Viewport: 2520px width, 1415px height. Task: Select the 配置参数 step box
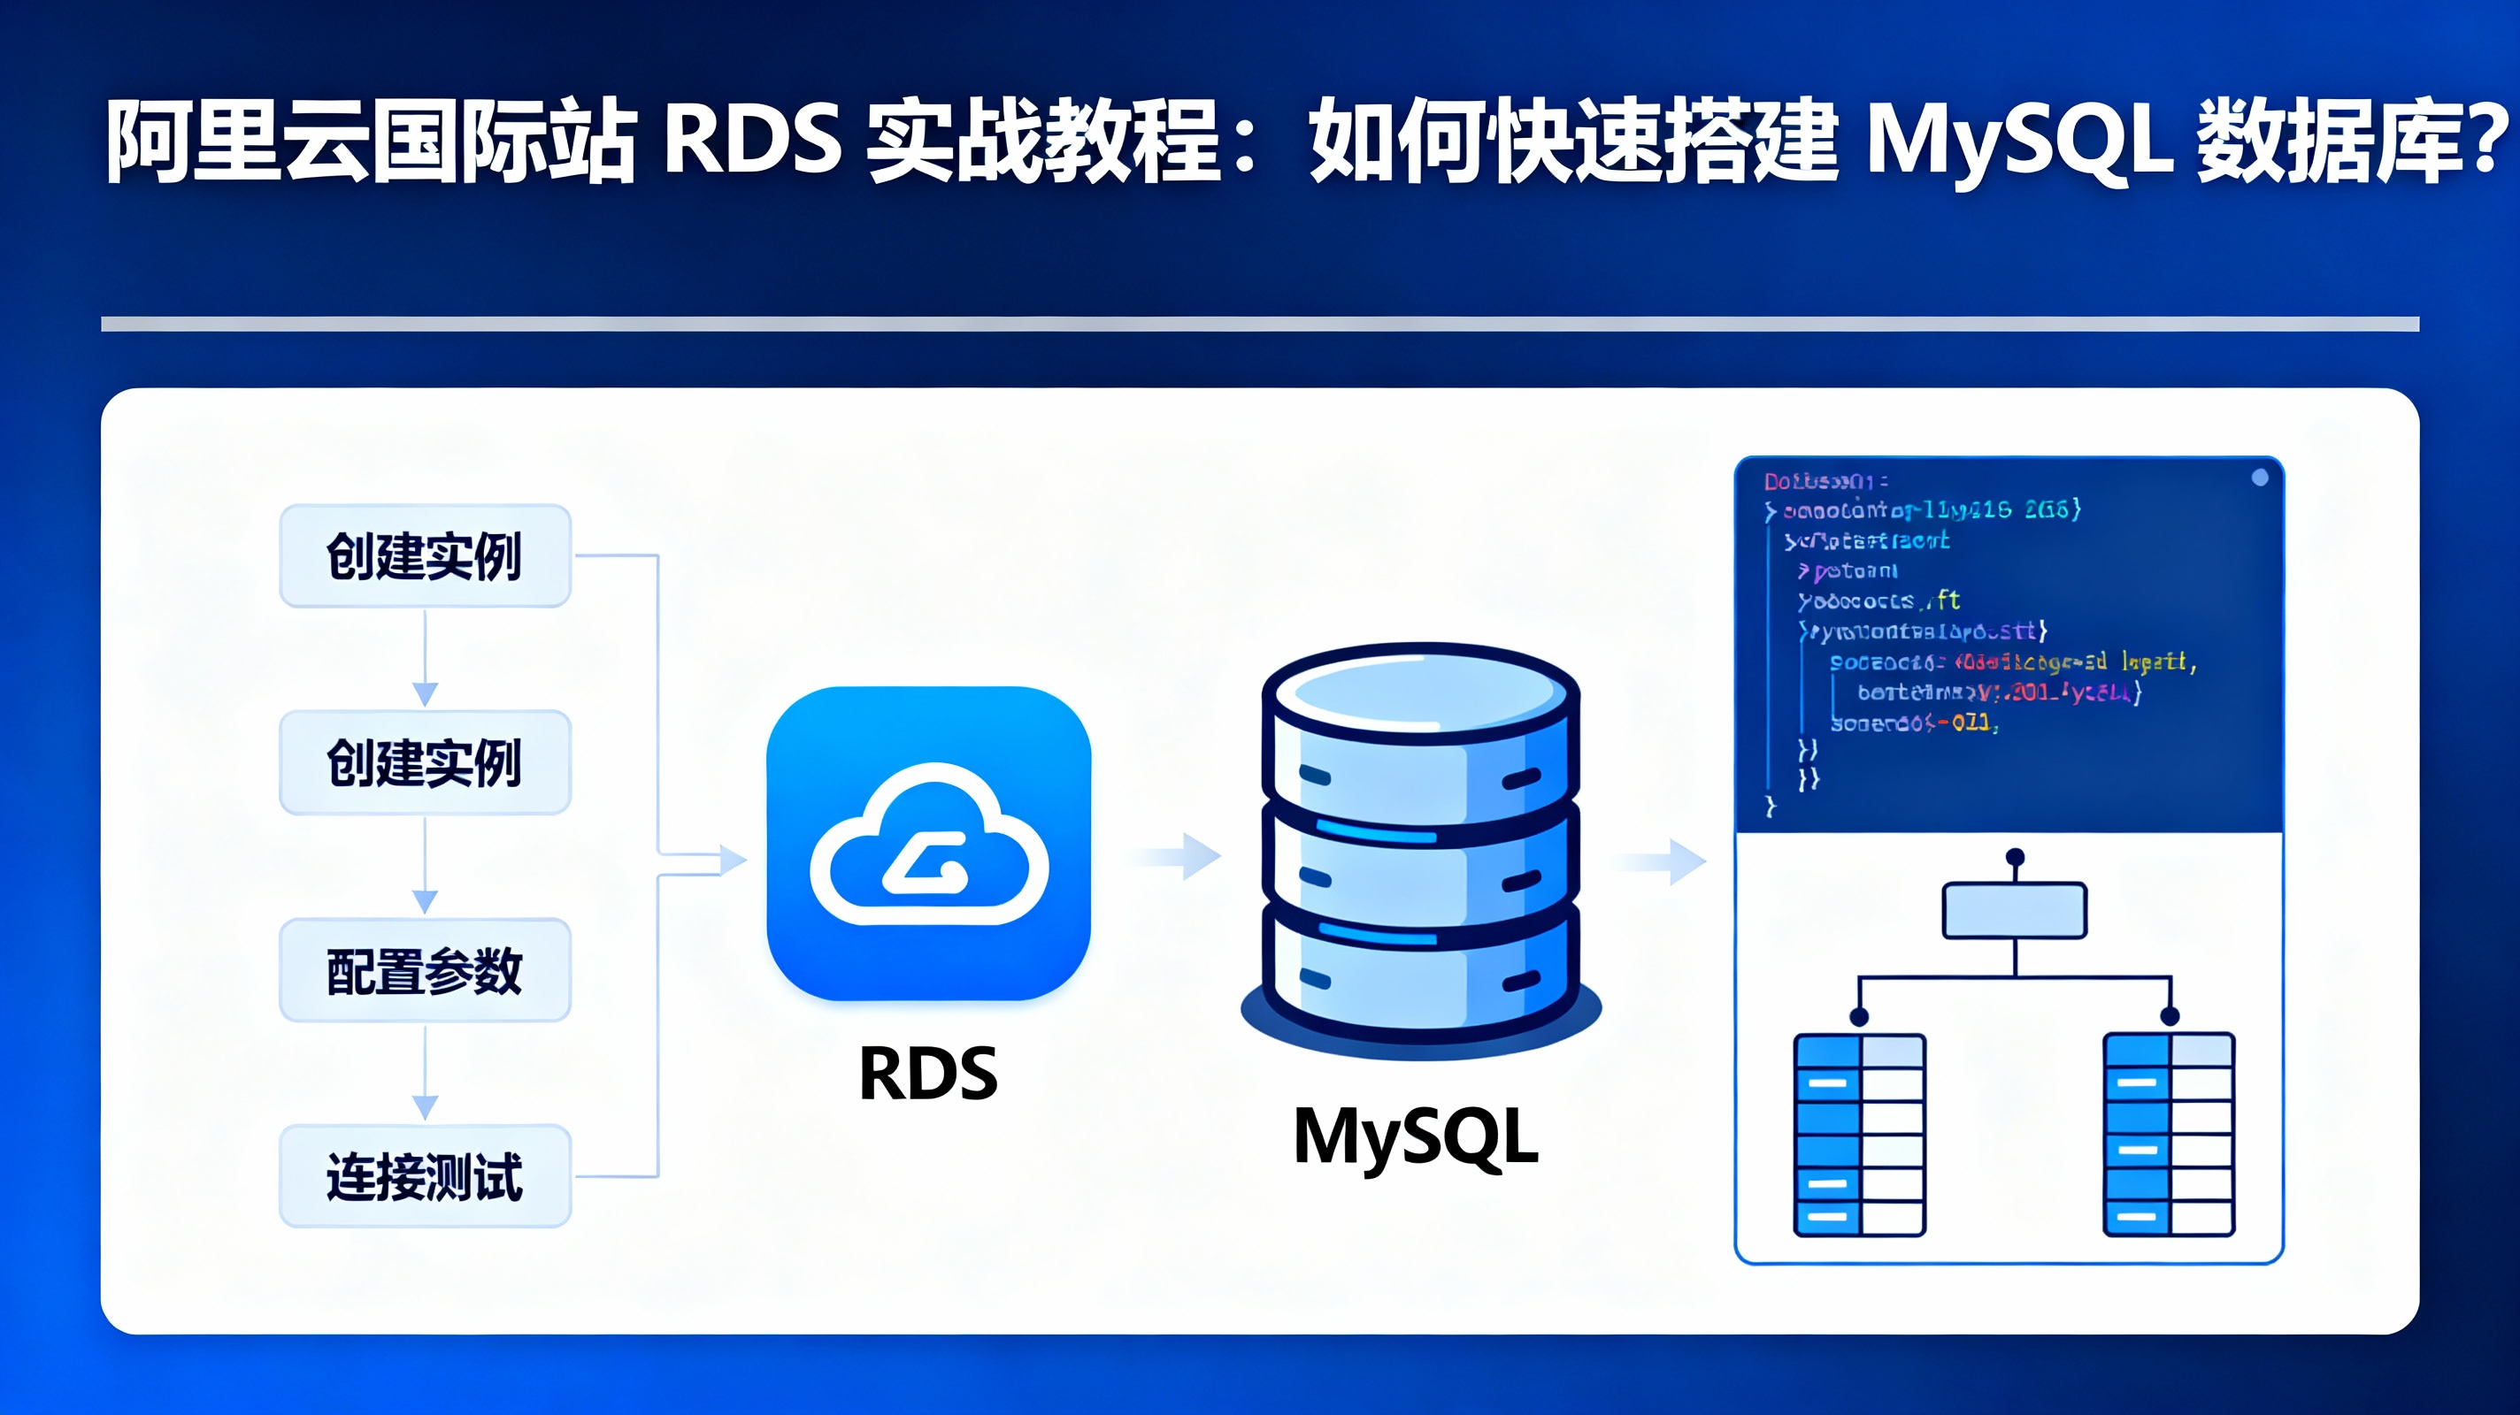[x=425, y=970]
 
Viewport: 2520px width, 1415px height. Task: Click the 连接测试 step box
[x=425, y=1176]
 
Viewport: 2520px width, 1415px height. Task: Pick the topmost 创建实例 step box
[x=425, y=555]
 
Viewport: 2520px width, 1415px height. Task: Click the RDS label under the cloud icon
[x=927, y=1073]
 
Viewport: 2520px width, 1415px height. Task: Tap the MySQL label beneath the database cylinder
[x=1416, y=1136]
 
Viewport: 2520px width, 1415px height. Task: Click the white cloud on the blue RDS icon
[x=929, y=845]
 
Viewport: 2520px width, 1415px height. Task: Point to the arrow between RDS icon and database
[x=1179, y=858]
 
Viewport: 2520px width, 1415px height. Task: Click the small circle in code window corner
[x=2260, y=478]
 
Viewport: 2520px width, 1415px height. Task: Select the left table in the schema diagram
[x=1860, y=1135]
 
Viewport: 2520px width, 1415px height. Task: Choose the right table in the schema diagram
[x=2169, y=1135]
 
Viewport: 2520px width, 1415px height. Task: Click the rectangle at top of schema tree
[x=2014, y=910]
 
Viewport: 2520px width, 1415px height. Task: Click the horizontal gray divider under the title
[x=1260, y=324]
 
